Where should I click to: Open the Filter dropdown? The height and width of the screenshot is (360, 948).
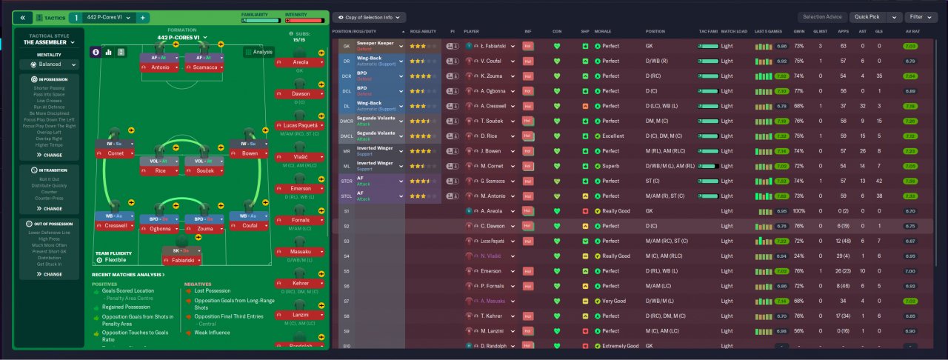(921, 17)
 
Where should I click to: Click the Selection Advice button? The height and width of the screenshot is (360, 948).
(822, 17)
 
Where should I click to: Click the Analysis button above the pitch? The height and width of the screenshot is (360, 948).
(258, 52)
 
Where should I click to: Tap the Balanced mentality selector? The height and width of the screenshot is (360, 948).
(49, 64)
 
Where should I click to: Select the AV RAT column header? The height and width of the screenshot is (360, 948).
(912, 32)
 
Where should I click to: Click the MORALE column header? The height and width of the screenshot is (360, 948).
(603, 32)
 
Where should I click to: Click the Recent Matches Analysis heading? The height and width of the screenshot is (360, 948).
(128, 275)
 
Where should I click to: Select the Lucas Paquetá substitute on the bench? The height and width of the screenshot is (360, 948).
(300, 125)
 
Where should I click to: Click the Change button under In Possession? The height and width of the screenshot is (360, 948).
(50, 155)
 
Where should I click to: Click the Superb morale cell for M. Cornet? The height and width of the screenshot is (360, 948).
(612, 166)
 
